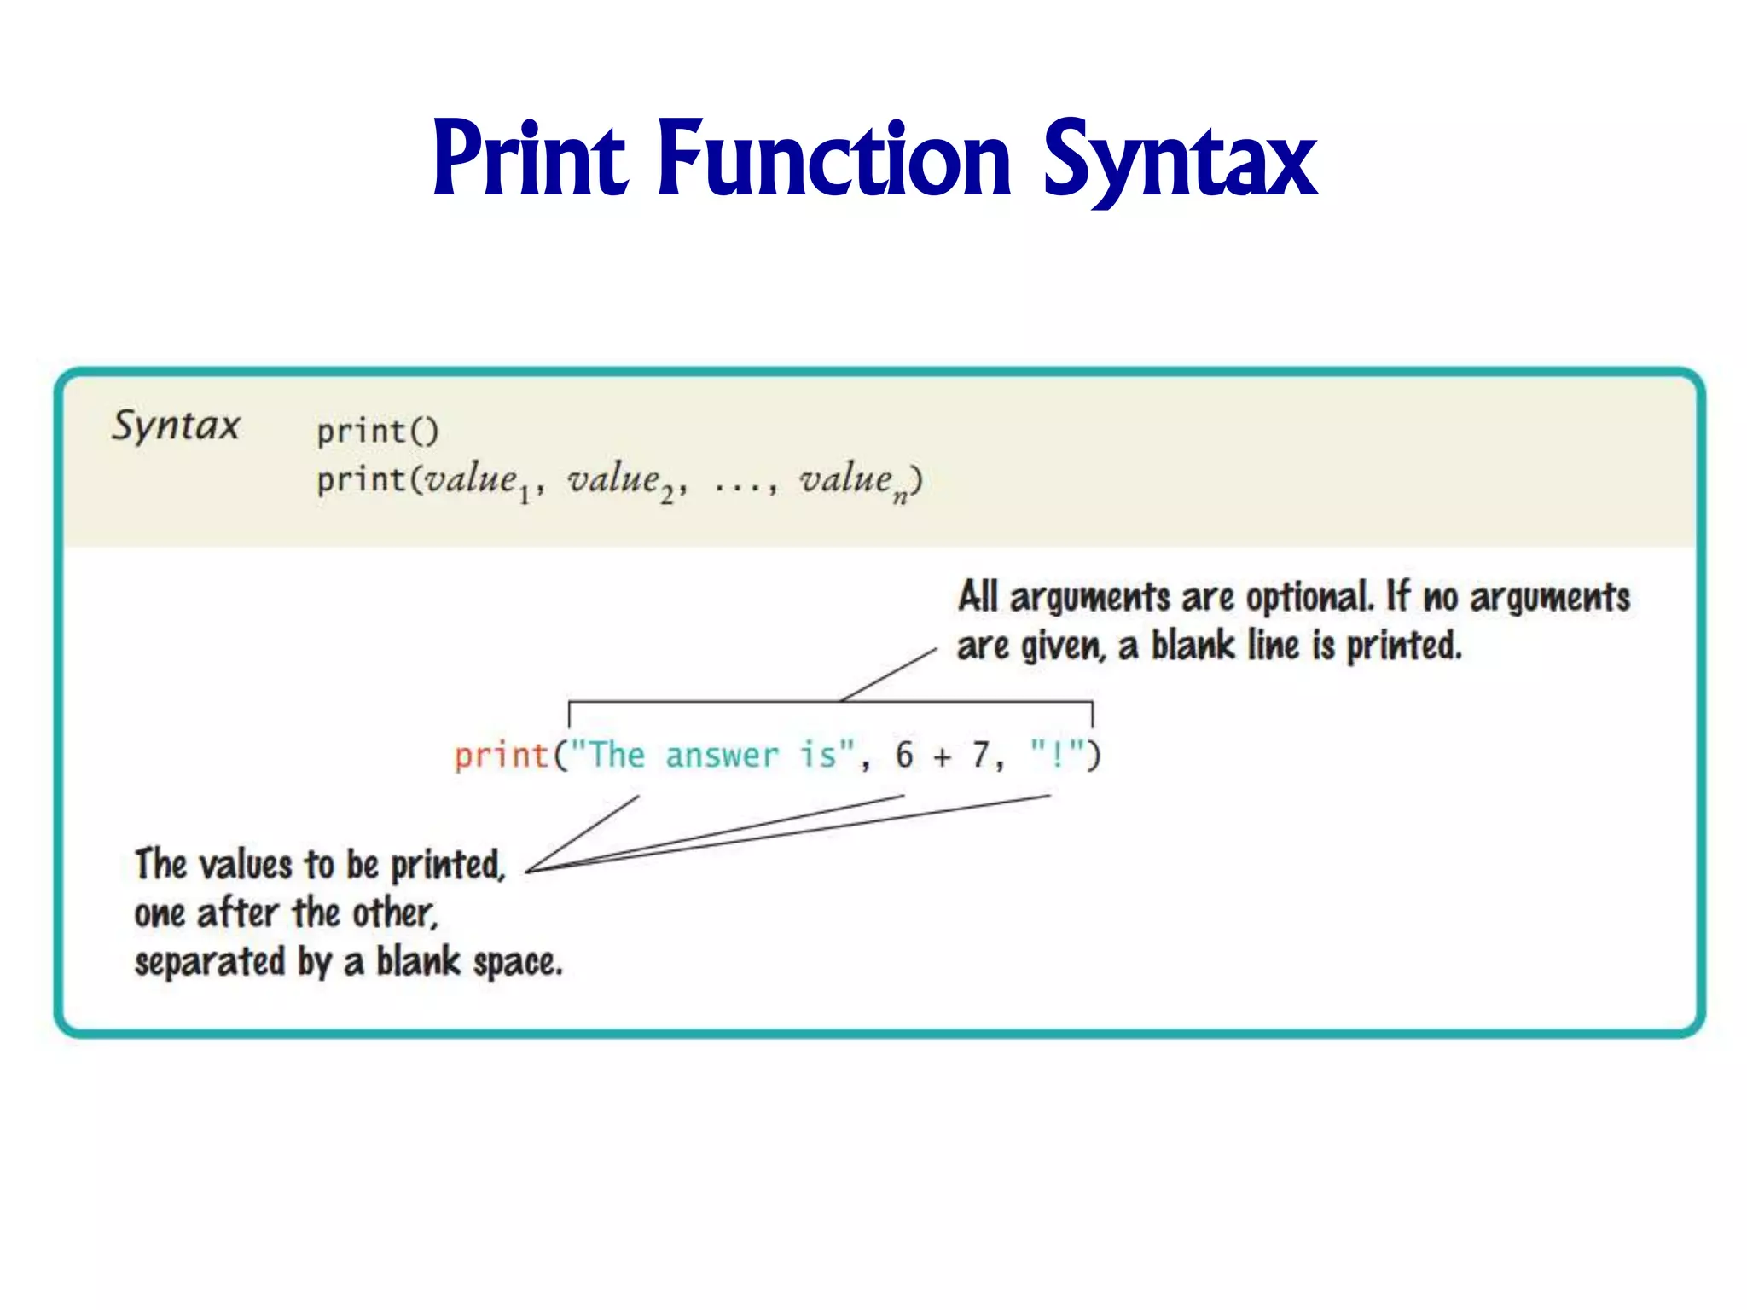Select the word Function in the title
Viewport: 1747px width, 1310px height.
point(834,158)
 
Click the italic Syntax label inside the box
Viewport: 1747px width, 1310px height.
point(176,426)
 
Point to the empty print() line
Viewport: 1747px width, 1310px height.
point(377,431)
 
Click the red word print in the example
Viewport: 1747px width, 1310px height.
point(501,756)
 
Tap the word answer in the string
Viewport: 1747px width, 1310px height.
point(722,756)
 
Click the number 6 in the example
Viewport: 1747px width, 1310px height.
point(903,756)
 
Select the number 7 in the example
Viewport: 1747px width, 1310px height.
point(981,756)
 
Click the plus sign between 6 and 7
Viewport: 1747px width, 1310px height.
point(942,757)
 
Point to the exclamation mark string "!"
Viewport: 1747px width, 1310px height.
point(1058,755)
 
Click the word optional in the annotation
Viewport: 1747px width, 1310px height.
point(1309,598)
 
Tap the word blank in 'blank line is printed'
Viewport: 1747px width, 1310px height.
point(1193,646)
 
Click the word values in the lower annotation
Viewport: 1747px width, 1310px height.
point(247,865)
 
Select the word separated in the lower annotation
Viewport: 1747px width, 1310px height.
point(209,962)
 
